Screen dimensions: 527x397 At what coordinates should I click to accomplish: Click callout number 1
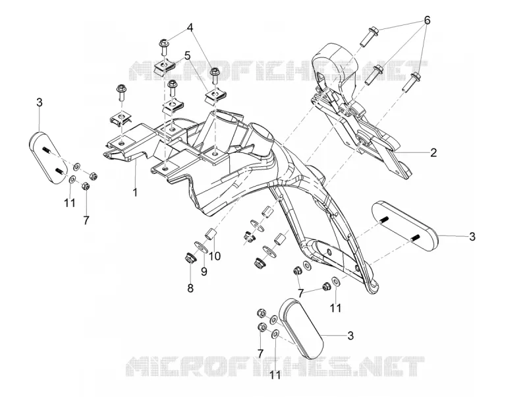click(135, 192)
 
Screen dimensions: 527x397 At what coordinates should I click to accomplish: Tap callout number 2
click(433, 152)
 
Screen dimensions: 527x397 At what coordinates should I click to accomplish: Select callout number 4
click(190, 28)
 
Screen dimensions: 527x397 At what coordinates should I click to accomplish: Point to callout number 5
click(187, 55)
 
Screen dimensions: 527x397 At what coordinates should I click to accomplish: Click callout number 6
click(427, 20)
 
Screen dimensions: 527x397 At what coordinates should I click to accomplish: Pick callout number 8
click(190, 288)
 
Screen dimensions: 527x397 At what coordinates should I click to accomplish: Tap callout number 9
click(204, 271)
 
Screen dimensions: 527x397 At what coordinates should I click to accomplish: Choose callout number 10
click(215, 256)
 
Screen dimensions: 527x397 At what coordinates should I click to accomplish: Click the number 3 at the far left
click(40, 102)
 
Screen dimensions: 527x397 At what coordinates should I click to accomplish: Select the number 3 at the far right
click(472, 236)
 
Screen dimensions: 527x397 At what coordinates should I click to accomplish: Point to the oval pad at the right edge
click(404, 226)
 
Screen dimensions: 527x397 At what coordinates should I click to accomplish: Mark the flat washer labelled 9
click(201, 246)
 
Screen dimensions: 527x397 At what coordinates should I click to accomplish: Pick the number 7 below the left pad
click(86, 220)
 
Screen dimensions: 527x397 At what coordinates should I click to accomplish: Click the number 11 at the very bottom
click(275, 375)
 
